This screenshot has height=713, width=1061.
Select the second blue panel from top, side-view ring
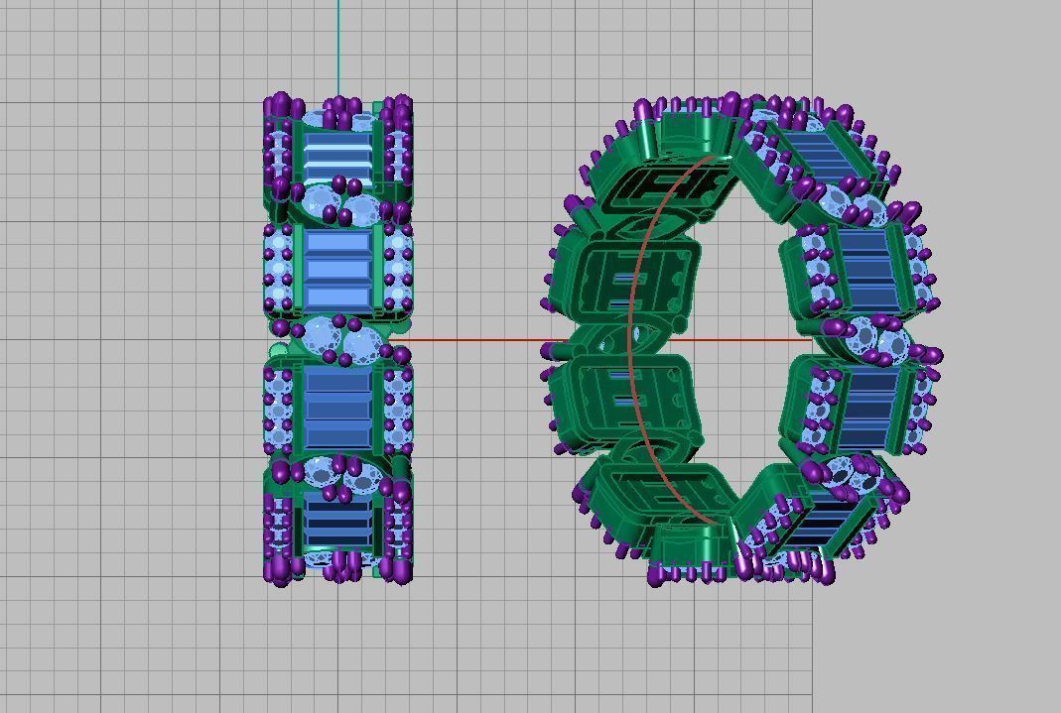click(x=338, y=268)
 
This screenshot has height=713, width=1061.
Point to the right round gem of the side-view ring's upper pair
click(x=360, y=209)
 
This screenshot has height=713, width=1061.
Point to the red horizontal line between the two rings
click(x=476, y=340)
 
